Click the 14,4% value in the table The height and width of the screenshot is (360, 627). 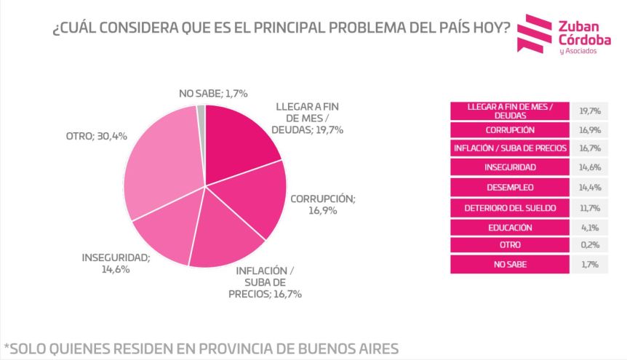588,187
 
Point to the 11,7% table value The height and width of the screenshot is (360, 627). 588,207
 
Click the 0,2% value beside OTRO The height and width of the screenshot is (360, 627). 588,246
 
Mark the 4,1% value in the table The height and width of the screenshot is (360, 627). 588,227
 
